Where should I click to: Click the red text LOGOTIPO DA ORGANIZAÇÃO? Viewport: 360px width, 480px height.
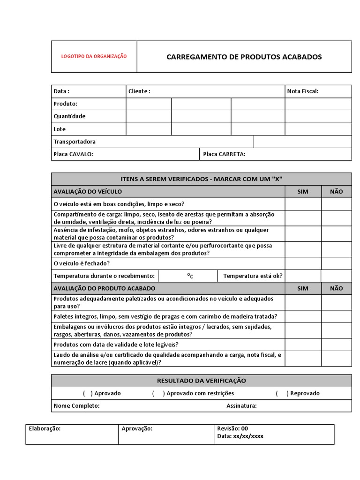94,56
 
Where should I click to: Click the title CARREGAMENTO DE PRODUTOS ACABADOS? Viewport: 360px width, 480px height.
244,57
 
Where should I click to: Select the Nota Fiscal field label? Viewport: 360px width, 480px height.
302,91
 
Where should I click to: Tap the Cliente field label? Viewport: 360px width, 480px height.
139,91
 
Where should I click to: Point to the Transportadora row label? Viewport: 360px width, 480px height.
75,142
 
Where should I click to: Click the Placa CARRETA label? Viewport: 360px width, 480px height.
224,154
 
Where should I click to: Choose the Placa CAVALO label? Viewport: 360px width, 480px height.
73,154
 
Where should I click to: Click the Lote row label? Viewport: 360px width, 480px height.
60,129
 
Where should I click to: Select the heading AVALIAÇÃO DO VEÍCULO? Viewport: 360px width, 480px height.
88,191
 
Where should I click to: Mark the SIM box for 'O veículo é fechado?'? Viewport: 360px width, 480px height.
303,263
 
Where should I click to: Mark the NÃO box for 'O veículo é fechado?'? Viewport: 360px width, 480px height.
336,263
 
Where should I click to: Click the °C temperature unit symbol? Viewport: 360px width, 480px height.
190,276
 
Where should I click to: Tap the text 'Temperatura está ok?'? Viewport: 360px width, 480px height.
253,276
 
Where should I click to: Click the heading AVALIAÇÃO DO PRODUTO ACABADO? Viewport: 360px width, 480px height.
105,288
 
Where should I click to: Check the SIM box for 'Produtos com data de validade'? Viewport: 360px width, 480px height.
303,345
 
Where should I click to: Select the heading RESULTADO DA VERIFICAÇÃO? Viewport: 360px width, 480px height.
201,381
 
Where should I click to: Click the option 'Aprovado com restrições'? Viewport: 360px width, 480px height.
200,393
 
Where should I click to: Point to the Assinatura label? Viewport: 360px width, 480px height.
241,406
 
